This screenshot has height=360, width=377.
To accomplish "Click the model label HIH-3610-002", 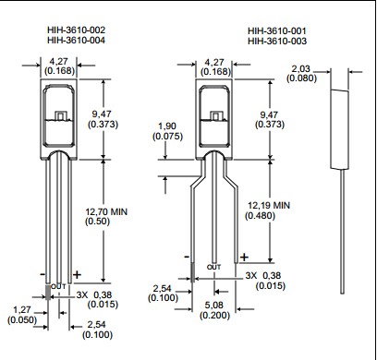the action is [x=76, y=30].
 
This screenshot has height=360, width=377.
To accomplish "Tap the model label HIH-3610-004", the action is [x=76, y=41].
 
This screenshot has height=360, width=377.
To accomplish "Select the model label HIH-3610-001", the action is [x=277, y=30].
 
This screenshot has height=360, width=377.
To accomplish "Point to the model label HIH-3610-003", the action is [x=277, y=41].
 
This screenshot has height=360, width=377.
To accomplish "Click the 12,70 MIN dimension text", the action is [x=106, y=211].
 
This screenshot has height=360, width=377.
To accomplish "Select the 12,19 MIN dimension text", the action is [x=269, y=205].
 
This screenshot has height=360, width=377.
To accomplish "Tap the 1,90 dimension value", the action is [x=167, y=126].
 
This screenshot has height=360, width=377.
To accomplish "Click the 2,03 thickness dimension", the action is [x=301, y=68].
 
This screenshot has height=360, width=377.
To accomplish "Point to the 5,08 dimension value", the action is [x=214, y=306].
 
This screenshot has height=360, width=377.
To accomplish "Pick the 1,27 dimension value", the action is [x=22, y=310].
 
